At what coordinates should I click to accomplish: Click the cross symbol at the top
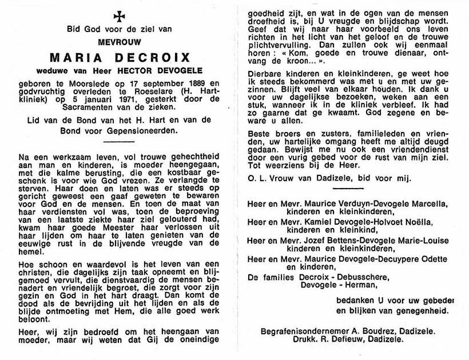(x=118, y=15)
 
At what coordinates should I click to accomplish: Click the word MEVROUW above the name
(x=118, y=41)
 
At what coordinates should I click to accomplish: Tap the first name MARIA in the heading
(x=73, y=57)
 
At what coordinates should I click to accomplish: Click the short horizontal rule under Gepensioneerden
(x=117, y=141)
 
